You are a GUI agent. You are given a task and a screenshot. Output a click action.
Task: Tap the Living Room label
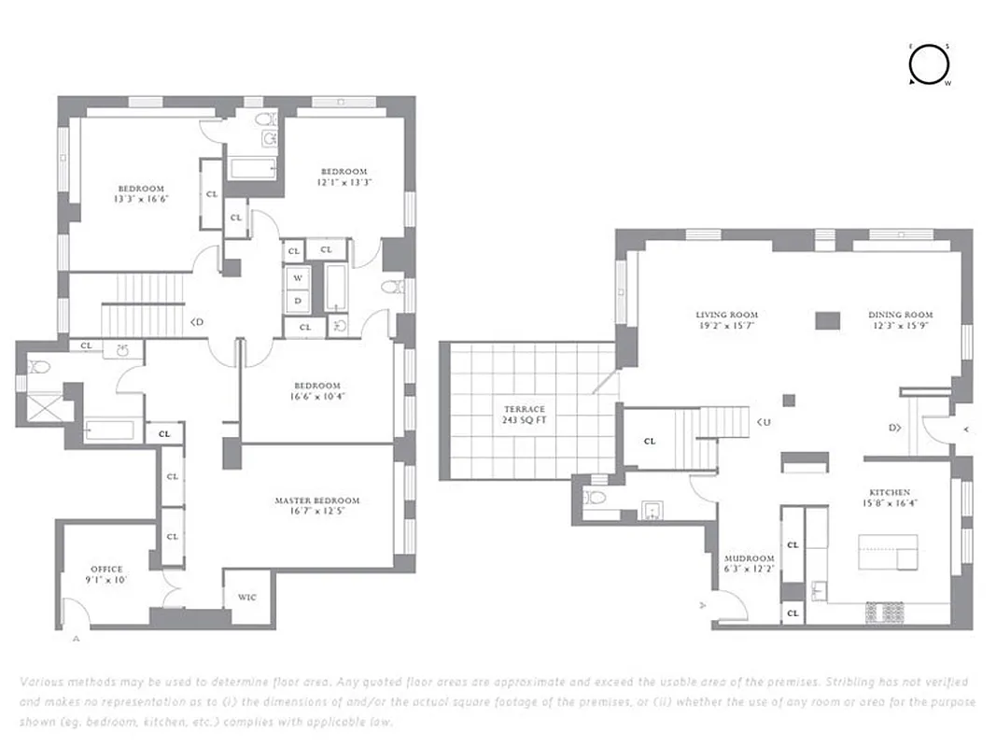coord(726,315)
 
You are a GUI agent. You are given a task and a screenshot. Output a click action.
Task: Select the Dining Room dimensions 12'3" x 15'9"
coord(900,326)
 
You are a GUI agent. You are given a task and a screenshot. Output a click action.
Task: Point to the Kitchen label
coord(891,492)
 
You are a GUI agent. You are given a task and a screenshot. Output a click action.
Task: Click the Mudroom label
coord(749,558)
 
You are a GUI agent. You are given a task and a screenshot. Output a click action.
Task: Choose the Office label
coord(106,569)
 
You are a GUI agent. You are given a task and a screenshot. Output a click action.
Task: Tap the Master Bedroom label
coord(316,500)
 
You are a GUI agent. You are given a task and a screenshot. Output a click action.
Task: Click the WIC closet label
coord(246,598)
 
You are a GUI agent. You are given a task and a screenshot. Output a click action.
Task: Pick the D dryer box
coord(298,301)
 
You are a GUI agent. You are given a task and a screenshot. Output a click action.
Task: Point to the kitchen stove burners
coord(886,612)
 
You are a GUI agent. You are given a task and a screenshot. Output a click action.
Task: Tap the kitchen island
coord(888,552)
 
